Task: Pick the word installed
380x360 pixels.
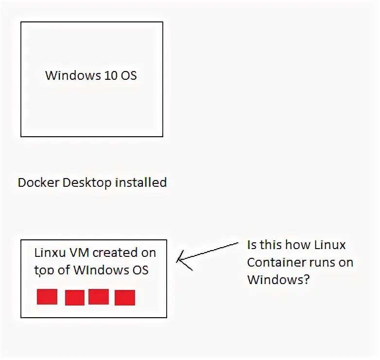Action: (141, 182)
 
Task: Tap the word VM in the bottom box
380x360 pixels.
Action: (79, 253)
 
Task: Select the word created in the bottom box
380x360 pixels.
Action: (117, 253)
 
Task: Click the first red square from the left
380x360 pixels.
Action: (47, 297)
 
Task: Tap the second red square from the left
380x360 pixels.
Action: (75, 298)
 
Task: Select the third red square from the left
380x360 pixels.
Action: (99, 297)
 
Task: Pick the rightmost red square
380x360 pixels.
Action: (125, 298)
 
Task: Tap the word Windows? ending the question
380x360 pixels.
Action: (278, 280)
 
